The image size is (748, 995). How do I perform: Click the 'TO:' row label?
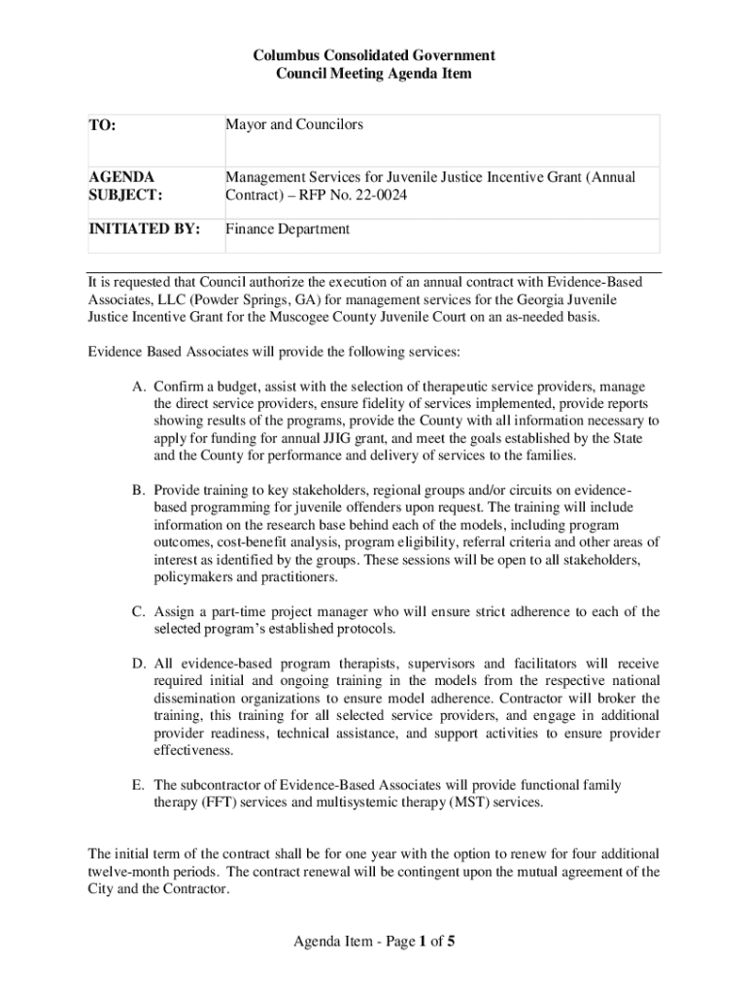102,125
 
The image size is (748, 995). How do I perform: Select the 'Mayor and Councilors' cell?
294,124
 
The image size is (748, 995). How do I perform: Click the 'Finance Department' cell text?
288,229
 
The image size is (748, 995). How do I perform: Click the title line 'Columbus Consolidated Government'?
374,55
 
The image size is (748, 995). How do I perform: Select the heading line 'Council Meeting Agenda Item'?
374,74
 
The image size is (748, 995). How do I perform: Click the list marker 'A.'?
140,386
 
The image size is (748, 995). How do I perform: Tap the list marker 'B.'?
140,490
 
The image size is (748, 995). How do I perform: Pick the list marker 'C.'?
140,611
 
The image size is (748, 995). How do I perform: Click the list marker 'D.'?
140,664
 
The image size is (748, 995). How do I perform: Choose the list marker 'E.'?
140,784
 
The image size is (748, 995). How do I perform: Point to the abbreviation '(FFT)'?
220,803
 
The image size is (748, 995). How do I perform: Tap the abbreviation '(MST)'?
469,803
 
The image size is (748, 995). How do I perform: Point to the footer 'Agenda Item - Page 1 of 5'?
374,941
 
